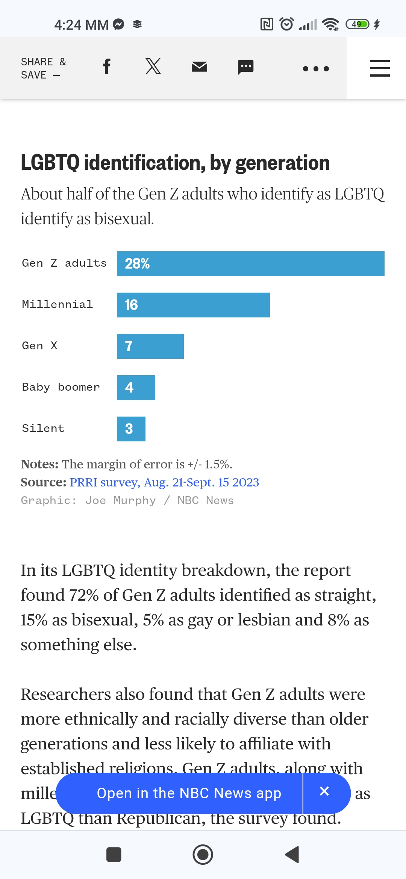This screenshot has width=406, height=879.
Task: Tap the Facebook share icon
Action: pos(107,67)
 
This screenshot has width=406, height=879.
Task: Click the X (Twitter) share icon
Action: pos(153,66)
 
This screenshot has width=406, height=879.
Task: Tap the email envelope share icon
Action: pos(199,67)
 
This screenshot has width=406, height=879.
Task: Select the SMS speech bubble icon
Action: pos(245,67)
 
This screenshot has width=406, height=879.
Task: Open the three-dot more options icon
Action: pos(316,69)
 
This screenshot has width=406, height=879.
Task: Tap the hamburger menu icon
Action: pos(380,68)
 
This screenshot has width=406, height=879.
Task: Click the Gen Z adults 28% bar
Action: pos(250,264)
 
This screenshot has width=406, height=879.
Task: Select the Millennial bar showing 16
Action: pos(193,305)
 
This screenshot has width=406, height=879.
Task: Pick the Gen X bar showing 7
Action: pos(150,346)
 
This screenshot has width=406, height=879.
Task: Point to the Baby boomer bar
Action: pos(136,388)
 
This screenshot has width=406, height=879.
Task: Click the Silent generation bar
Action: pos(131,429)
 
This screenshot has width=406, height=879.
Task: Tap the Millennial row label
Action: pos(57,304)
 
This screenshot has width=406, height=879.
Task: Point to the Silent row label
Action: pos(43,428)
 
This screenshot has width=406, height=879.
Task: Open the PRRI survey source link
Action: pos(164,482)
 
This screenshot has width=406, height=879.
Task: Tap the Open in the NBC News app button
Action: pos(189,793)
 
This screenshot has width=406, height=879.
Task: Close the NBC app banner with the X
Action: pos(324,791)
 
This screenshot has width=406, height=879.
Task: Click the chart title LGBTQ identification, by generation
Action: pos(175,163)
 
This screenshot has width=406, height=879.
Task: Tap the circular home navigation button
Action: pos(203,855)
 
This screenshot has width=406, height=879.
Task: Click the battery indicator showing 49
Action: pos(358,24)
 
